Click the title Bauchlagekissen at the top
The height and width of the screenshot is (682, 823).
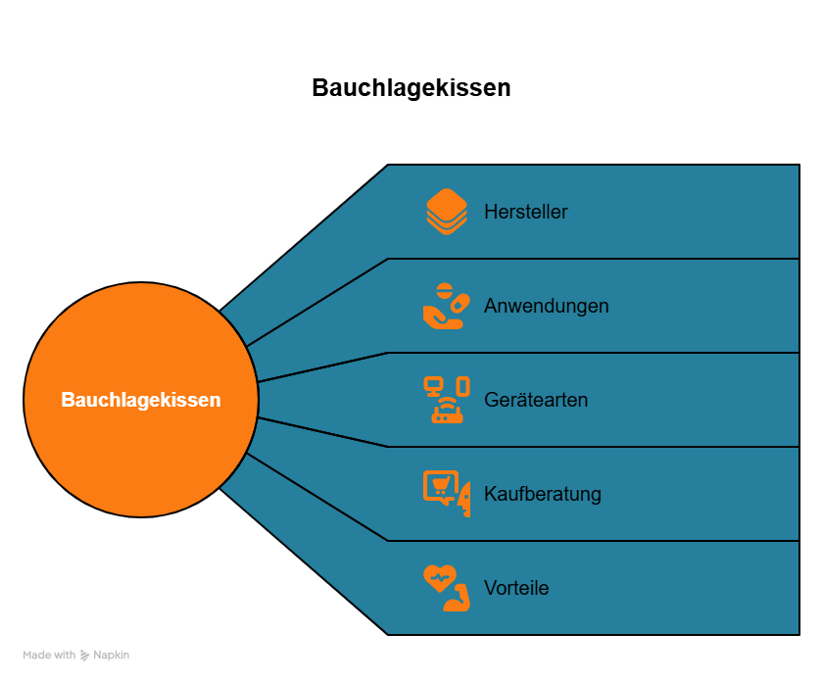[x=411, y=88]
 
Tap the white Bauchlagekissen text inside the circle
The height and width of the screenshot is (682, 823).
[x=141, y=400]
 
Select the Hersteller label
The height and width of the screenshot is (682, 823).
[x=525, y=212]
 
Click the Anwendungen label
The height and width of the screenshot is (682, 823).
[x=546, y=306]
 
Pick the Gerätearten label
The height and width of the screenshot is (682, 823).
[x=536, y=400]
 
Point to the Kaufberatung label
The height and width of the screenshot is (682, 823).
[x=542, y=494]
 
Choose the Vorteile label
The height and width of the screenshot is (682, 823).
[x=515, y=588]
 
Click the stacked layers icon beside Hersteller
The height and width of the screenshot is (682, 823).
[x=447, y=212]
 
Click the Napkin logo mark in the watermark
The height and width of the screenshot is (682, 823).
[x=84, y=656]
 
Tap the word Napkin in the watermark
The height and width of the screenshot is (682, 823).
[x=111, y=656]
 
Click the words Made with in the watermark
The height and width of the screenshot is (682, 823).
[x=49, y=656]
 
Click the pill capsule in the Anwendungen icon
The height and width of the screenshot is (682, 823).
[x=457, y=303]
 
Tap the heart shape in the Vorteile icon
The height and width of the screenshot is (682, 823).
[x=439, y=579]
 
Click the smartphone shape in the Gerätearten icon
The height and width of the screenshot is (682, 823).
[x=462, y=386]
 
